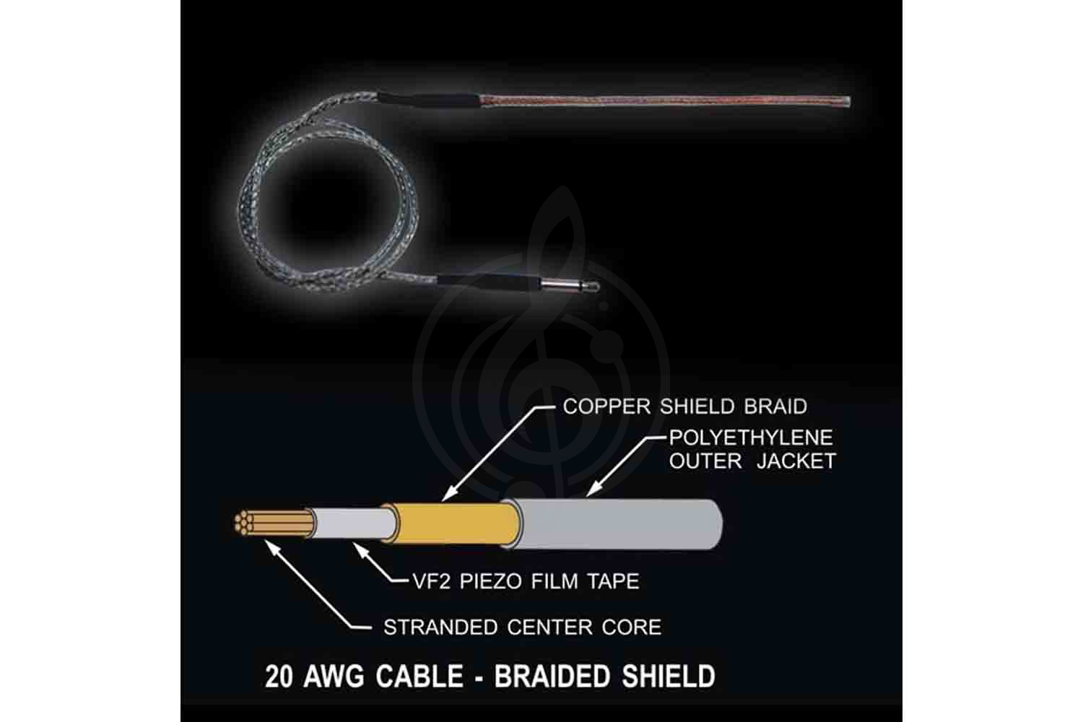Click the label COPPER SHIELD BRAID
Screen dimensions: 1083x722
pos(685,406)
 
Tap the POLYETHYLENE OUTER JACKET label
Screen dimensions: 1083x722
pos(752,449)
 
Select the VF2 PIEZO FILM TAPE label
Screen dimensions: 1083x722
pos(526,581)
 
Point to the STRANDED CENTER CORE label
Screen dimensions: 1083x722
pos(522,627)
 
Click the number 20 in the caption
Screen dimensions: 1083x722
pos(279,676)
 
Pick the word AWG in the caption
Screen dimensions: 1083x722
pos(334,676)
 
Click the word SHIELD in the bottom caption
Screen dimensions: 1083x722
pos(668,676)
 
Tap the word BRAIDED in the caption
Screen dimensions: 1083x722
pos(552,676)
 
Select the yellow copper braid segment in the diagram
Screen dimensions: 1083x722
pos(454,523)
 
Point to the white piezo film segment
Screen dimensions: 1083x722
pos(354,523)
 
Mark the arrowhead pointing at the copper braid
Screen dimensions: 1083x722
pos(448,495)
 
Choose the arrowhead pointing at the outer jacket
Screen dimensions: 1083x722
pos(593,490)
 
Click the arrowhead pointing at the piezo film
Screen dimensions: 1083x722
pos(360,549)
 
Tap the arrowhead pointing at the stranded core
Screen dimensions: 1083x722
pos(271,547)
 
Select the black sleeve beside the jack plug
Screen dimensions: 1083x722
pos(488,282)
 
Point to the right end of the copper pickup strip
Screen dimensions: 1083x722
pos(848,102)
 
